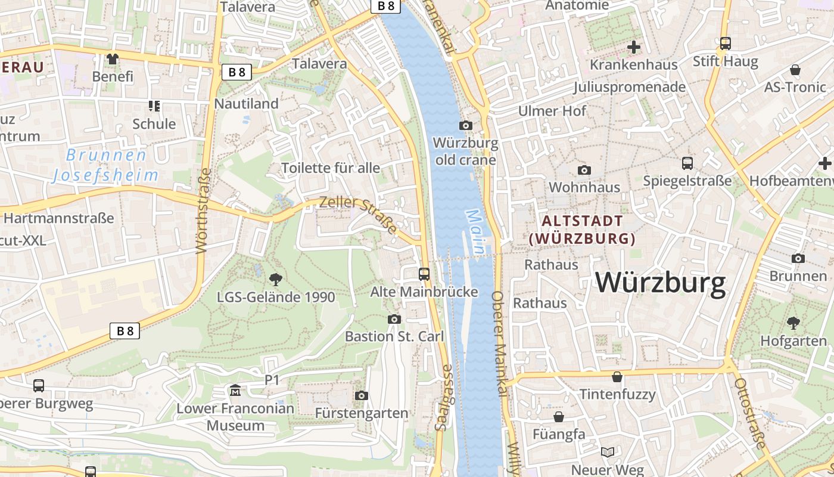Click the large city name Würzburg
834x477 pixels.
tap(661, 283)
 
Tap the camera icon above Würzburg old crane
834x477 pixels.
tap(466, 125)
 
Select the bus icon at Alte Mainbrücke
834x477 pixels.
tap(424, 274)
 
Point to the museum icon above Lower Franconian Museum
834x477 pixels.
tap(235, 391)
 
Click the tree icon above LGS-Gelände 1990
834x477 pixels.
tap(275, 278)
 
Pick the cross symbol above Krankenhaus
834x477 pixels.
tap(634, 47)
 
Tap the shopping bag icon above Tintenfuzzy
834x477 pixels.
tap(617, 377)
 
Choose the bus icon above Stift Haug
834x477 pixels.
tap(725, 43)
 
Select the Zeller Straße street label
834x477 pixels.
tap(358, 214)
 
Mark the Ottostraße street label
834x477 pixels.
tap(750, 413)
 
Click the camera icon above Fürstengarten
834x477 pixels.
tap(361, 395)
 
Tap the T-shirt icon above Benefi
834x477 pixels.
tap(113, 58)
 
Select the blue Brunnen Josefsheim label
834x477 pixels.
tap(105, 165)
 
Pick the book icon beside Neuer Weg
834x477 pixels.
tap(607, 453)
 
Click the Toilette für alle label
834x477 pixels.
tap(331, 168)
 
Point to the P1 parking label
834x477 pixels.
tap(272, 379)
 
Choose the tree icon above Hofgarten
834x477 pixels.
tap(793, 323)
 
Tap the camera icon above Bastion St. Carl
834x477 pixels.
tap(394, 319)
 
